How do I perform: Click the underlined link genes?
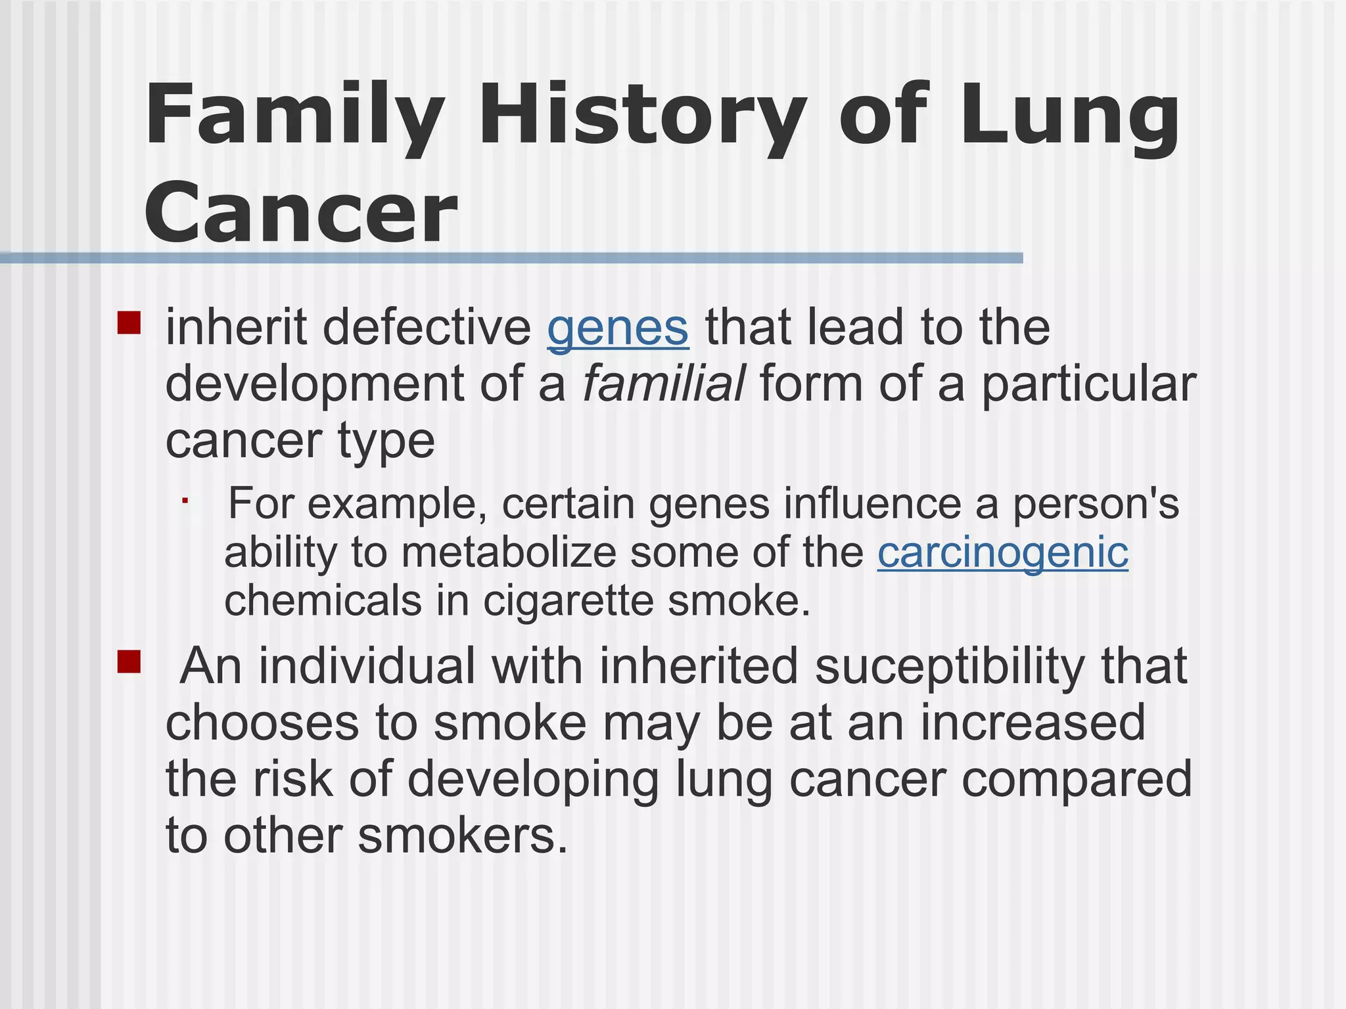(618, 328)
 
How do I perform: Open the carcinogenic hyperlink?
(1002, 552)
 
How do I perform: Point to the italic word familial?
(664, 384)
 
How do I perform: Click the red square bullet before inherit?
(129, 323)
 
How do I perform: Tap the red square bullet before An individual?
(129, 661)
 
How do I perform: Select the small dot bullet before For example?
(186, 501)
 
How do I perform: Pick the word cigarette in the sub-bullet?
(569, 601)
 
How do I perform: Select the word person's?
(1096, 504)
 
